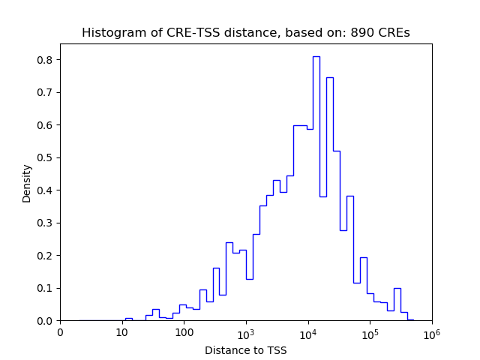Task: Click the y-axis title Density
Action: pos(27,183)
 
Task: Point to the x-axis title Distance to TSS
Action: pos(246,350)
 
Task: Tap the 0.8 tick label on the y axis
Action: pos(46,60)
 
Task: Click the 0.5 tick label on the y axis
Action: pos(46,157)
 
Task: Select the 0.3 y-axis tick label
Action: pos(46,223)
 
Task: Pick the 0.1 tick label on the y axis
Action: pos(46,288)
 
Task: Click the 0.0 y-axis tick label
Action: pos(46,321)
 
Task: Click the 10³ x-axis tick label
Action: pos(245,332)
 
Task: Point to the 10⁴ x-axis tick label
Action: pos(307,332)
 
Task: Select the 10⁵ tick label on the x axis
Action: pos(370,332)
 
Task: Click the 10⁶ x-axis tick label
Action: pos(431,332)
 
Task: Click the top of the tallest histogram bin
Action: pos(316,56)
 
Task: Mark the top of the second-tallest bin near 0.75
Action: pos(329,77)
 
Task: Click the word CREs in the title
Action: pos(394,33)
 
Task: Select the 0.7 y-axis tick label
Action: pos(46,92)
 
